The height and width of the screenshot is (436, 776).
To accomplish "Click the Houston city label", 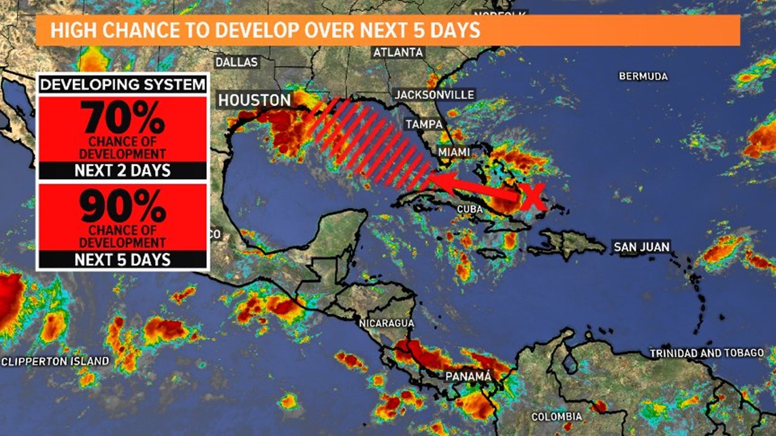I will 254,101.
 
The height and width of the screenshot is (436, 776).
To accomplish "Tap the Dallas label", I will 237,62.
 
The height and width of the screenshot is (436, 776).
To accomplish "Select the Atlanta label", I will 398,52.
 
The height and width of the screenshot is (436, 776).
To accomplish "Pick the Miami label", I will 454,152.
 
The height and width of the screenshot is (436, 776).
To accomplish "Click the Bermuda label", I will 643,76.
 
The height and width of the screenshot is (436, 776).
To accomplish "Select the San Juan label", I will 641,247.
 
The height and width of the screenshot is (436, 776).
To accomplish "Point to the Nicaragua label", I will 385,323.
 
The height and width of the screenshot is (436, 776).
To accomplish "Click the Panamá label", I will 468,375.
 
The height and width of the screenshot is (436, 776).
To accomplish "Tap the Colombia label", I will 557,416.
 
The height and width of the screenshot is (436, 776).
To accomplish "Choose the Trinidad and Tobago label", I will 707,353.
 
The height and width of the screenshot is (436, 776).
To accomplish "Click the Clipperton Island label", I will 54,360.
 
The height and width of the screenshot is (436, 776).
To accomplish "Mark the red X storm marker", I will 534,197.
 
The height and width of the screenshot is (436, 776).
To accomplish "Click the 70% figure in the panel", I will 123,118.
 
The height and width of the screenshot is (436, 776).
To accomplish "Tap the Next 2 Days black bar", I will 123,171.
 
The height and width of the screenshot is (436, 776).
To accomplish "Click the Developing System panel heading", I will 123,84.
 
